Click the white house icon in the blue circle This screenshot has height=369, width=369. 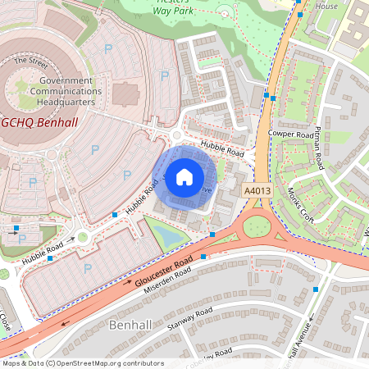click(184, 175)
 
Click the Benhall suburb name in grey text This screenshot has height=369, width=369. click(130, 326)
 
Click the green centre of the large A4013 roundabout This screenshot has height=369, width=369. click(257, 225)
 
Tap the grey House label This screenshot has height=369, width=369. click(326, 6)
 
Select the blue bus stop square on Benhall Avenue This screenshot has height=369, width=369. click(316, 289)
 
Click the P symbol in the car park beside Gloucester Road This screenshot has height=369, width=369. click(88, 268)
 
